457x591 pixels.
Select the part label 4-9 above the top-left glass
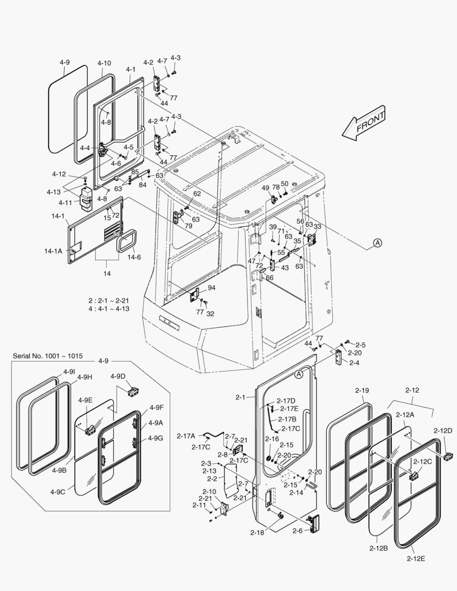coord(65,62)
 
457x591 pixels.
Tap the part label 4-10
coord(104,63)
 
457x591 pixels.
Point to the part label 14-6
coord(134,257)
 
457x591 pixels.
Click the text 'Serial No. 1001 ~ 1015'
coord(48,356)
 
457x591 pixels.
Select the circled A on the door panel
coord(298,374)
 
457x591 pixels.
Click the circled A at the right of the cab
coord(377,243)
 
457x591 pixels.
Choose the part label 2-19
coord(362,391)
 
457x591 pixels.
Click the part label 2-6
coord(298,531)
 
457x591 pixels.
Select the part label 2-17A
coord(186,436)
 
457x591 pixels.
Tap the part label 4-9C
coord(59,492)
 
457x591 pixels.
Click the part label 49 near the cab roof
coord(265,188)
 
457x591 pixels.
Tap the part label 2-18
coord(257,532)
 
